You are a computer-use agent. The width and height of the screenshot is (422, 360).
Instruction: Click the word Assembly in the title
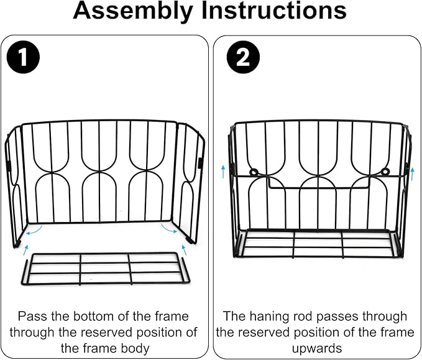133,12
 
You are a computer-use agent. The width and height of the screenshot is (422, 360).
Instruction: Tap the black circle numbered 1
23,57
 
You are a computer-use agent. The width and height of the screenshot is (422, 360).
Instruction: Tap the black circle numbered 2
243,57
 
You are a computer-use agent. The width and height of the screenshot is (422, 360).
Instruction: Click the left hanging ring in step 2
254,172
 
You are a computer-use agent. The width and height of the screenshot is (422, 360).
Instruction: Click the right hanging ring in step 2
385,171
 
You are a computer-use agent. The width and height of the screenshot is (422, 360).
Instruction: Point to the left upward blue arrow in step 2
223,172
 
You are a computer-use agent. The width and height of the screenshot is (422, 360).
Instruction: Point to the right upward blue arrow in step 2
412,173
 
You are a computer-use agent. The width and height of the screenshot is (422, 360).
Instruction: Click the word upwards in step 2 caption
317,348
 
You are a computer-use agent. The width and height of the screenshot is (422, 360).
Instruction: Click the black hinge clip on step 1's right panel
200,163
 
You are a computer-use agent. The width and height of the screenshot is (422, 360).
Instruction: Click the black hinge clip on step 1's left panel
8,165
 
